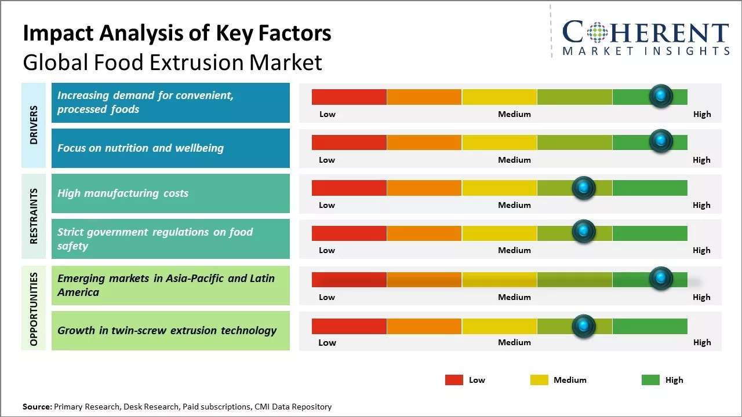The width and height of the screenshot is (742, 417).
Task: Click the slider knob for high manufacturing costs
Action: (584, 188)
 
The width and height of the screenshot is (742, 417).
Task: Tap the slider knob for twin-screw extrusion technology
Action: (584, 326)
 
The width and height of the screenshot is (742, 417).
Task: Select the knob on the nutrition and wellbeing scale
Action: (661, 141)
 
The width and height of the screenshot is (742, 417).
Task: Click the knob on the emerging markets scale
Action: (661, 278)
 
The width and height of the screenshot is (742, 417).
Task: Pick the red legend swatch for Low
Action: (454, 380)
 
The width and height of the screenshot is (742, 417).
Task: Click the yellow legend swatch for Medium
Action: (539, 380)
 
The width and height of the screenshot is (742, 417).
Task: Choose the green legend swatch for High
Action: (650, 380)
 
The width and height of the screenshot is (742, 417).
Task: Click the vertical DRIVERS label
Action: (34, 125)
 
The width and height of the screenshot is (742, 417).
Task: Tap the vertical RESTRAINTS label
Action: (34, 216)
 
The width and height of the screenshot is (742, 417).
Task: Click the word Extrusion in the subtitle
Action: (198, 63)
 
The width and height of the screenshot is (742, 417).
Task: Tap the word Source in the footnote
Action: (37, 407)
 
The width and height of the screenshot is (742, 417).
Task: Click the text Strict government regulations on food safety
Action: (155, 239)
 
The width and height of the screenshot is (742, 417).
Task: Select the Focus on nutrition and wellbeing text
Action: (140, 148)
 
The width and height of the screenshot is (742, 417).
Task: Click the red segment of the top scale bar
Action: (349, 97)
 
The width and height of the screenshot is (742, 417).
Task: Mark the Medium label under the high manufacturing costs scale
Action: (514, 205)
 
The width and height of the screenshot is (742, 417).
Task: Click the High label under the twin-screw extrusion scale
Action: (701, 342)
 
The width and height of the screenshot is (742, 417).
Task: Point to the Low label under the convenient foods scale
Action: (328, 114)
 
